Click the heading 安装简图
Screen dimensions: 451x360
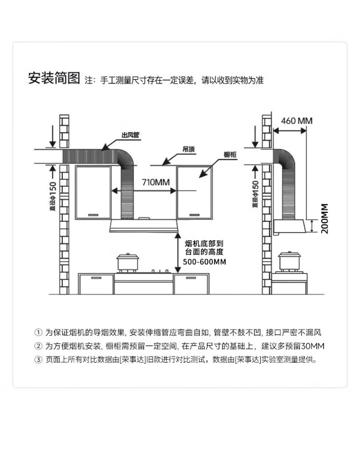54,79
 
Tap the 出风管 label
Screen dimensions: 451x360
130,135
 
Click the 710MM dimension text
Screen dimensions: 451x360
156,182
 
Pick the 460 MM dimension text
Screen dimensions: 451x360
297,120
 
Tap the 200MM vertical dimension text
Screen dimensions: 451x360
325,218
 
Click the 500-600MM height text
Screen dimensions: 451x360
205,261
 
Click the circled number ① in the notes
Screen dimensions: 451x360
39,332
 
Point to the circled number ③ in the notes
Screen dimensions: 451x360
39,359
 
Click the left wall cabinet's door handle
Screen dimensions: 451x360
96,214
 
